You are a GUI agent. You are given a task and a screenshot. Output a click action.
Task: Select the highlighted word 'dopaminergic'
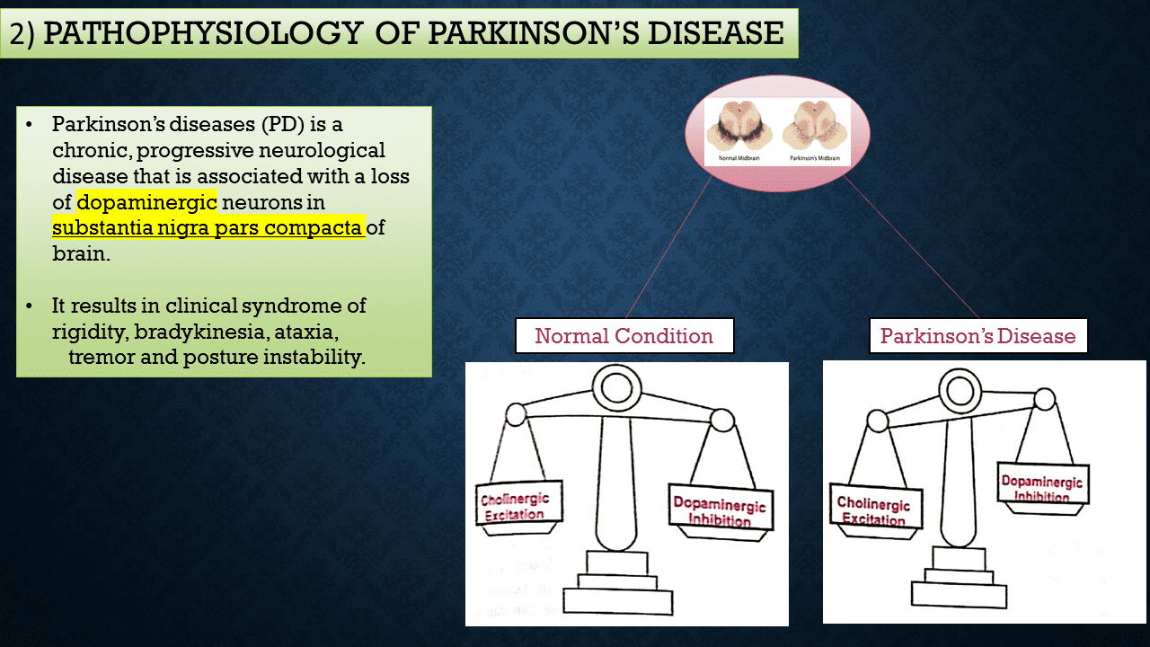tap(146, 201)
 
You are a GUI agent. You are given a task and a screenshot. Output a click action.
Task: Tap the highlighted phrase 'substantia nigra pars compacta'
tap(208, 227)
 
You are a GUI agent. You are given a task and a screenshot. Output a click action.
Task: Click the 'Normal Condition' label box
tap(624, 336)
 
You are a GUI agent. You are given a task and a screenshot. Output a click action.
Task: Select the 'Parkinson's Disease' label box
tap(977, 336)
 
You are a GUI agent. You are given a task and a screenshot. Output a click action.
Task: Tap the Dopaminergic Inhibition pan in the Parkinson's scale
tap(1042, 487)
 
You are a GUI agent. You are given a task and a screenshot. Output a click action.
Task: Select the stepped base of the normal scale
tap(617, 584)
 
